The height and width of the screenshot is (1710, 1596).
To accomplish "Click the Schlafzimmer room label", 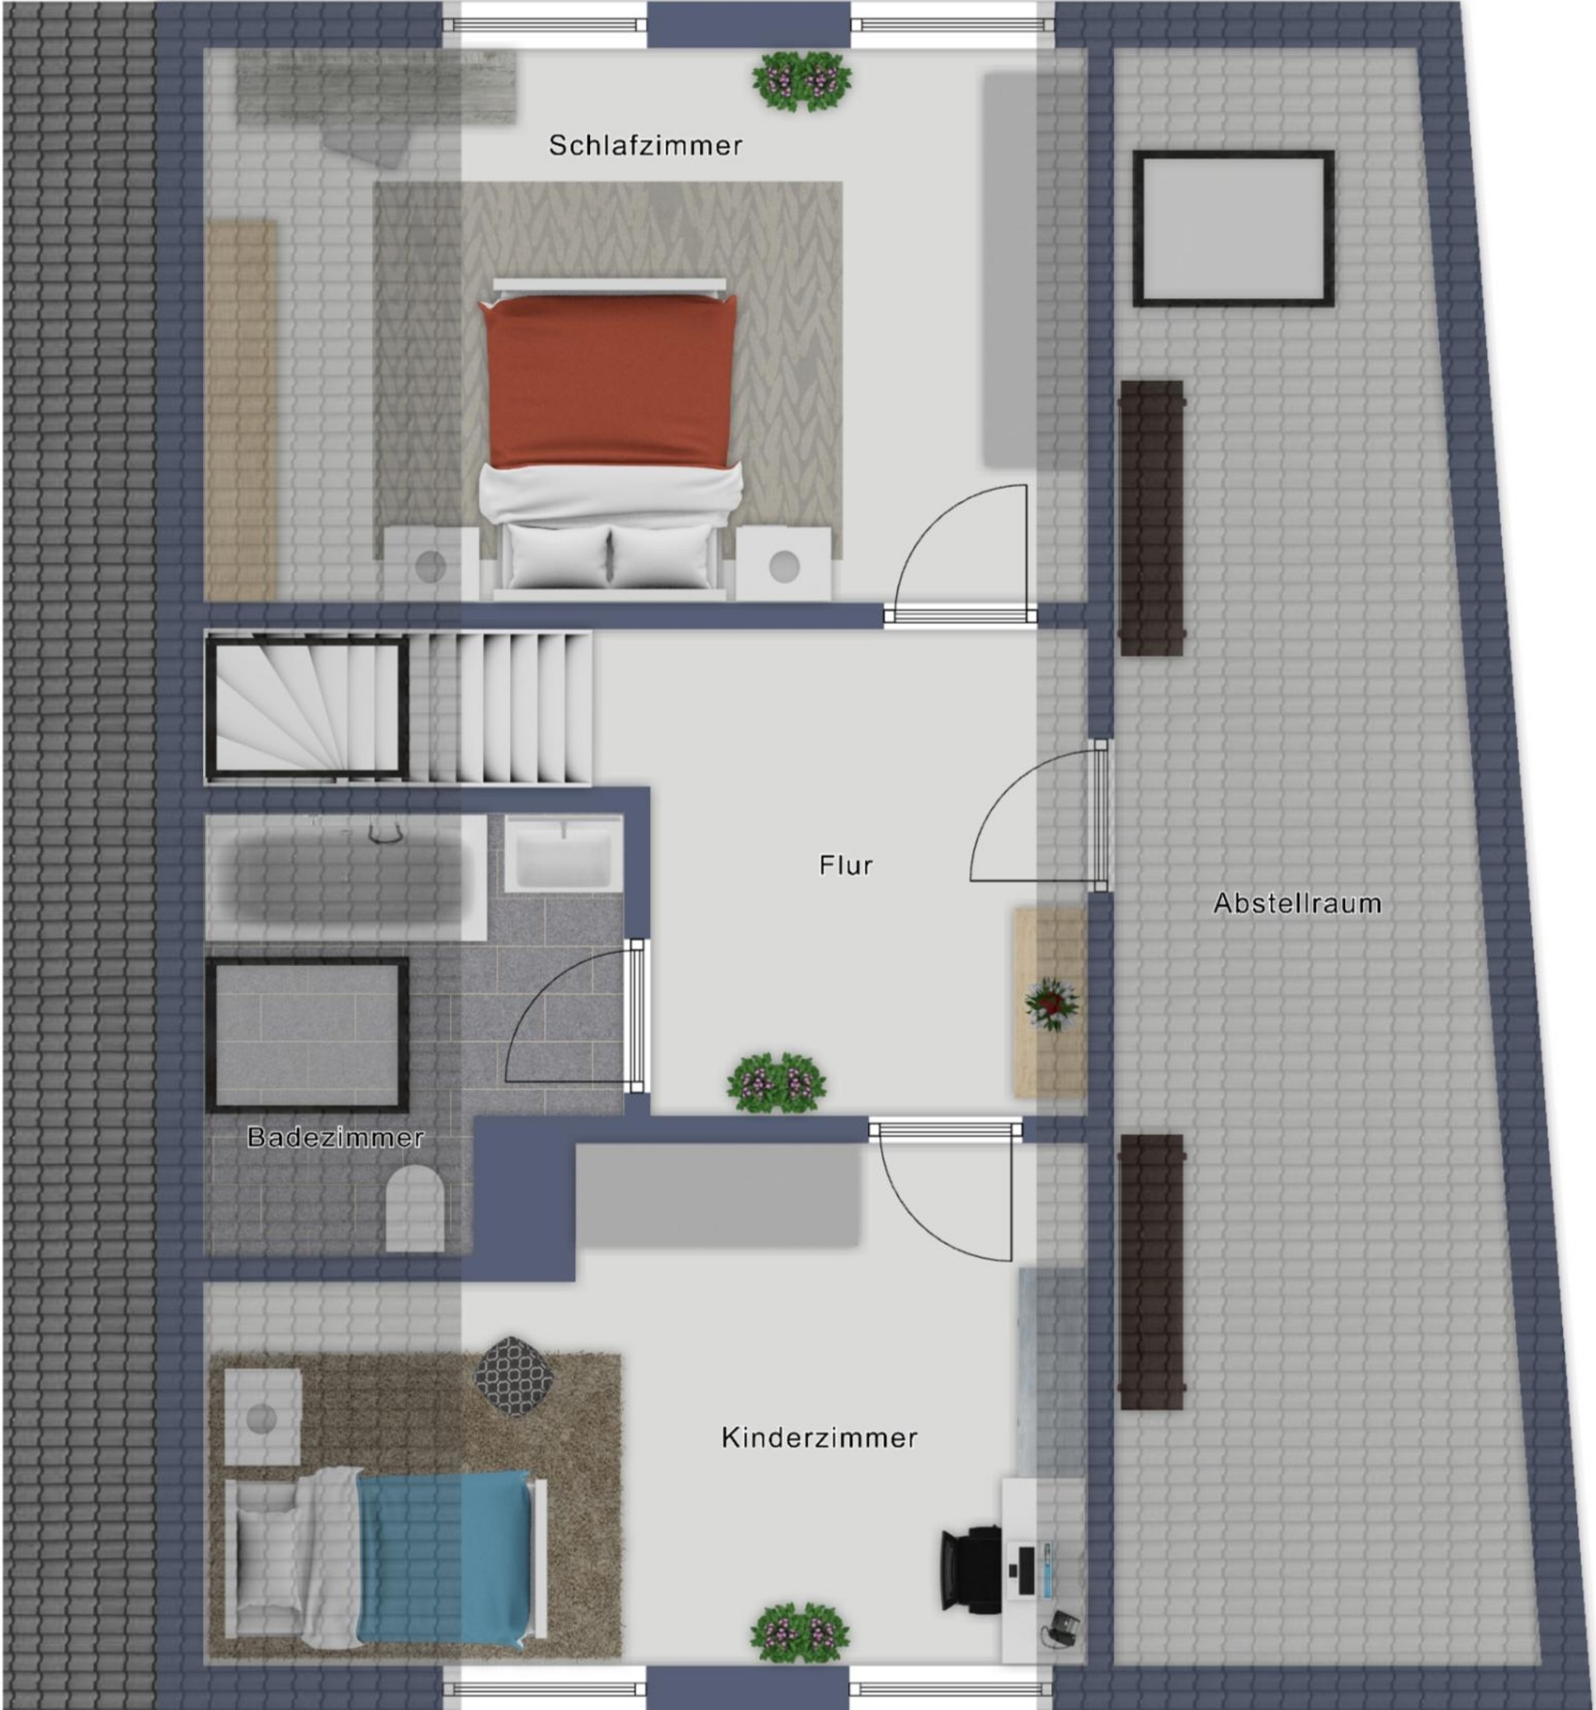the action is (645, 145).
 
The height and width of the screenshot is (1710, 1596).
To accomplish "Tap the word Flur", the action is (846, 864).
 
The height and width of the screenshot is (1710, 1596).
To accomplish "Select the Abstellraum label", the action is (1297, 903).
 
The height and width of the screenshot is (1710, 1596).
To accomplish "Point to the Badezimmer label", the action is (336, 1138).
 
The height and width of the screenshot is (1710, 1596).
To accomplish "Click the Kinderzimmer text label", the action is (819, 1437).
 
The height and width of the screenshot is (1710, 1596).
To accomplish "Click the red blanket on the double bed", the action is (609, 381).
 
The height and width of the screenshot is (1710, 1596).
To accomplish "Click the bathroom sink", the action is (564, 853).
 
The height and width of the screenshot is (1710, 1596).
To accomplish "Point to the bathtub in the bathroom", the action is (344, 878).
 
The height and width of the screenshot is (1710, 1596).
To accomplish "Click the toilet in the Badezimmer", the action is (415, 1208).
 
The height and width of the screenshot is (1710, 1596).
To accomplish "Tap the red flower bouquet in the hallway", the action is (1050, 1004).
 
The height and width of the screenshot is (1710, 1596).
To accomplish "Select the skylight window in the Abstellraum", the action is (1233, 228).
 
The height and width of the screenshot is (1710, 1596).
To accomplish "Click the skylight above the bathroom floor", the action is (307, 1034).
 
